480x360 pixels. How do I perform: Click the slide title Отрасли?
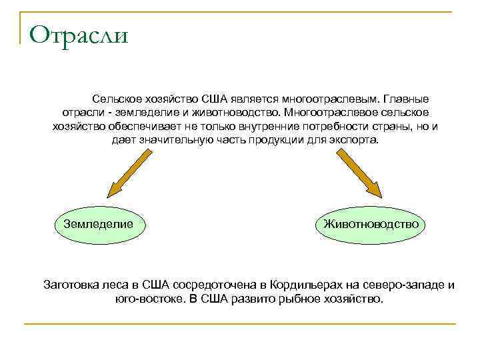click(79, 35)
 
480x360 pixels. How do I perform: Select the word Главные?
click(407, 97)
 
